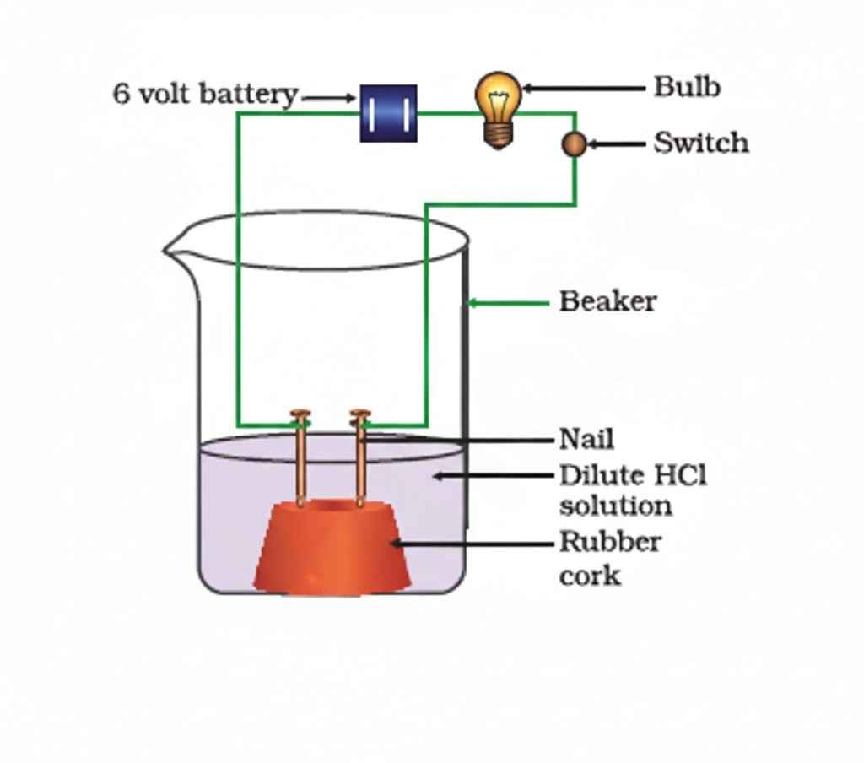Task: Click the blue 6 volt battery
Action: (x=388, y=112)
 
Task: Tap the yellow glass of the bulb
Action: (x=498, y=95)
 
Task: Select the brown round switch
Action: (x=574, y=144)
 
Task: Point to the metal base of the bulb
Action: (x=498, y=133)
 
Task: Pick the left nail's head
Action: (x=300, y=414)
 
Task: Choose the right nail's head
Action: (x=360, y=414)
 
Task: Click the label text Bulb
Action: (x=687, y=87)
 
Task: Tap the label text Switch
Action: (x=700, y=143)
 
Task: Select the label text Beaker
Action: (x=607, y=301)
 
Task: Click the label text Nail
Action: (x=586, y=439)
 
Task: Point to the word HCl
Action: (x=680, y=475)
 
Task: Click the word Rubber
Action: (x=610, y=541)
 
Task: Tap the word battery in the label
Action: (x=249, y=94)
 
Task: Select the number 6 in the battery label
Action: (x=121, y=94)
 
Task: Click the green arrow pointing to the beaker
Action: (x=506, y=302)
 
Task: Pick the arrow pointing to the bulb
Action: (x=582, y=87)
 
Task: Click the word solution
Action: (x=615, y=506)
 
